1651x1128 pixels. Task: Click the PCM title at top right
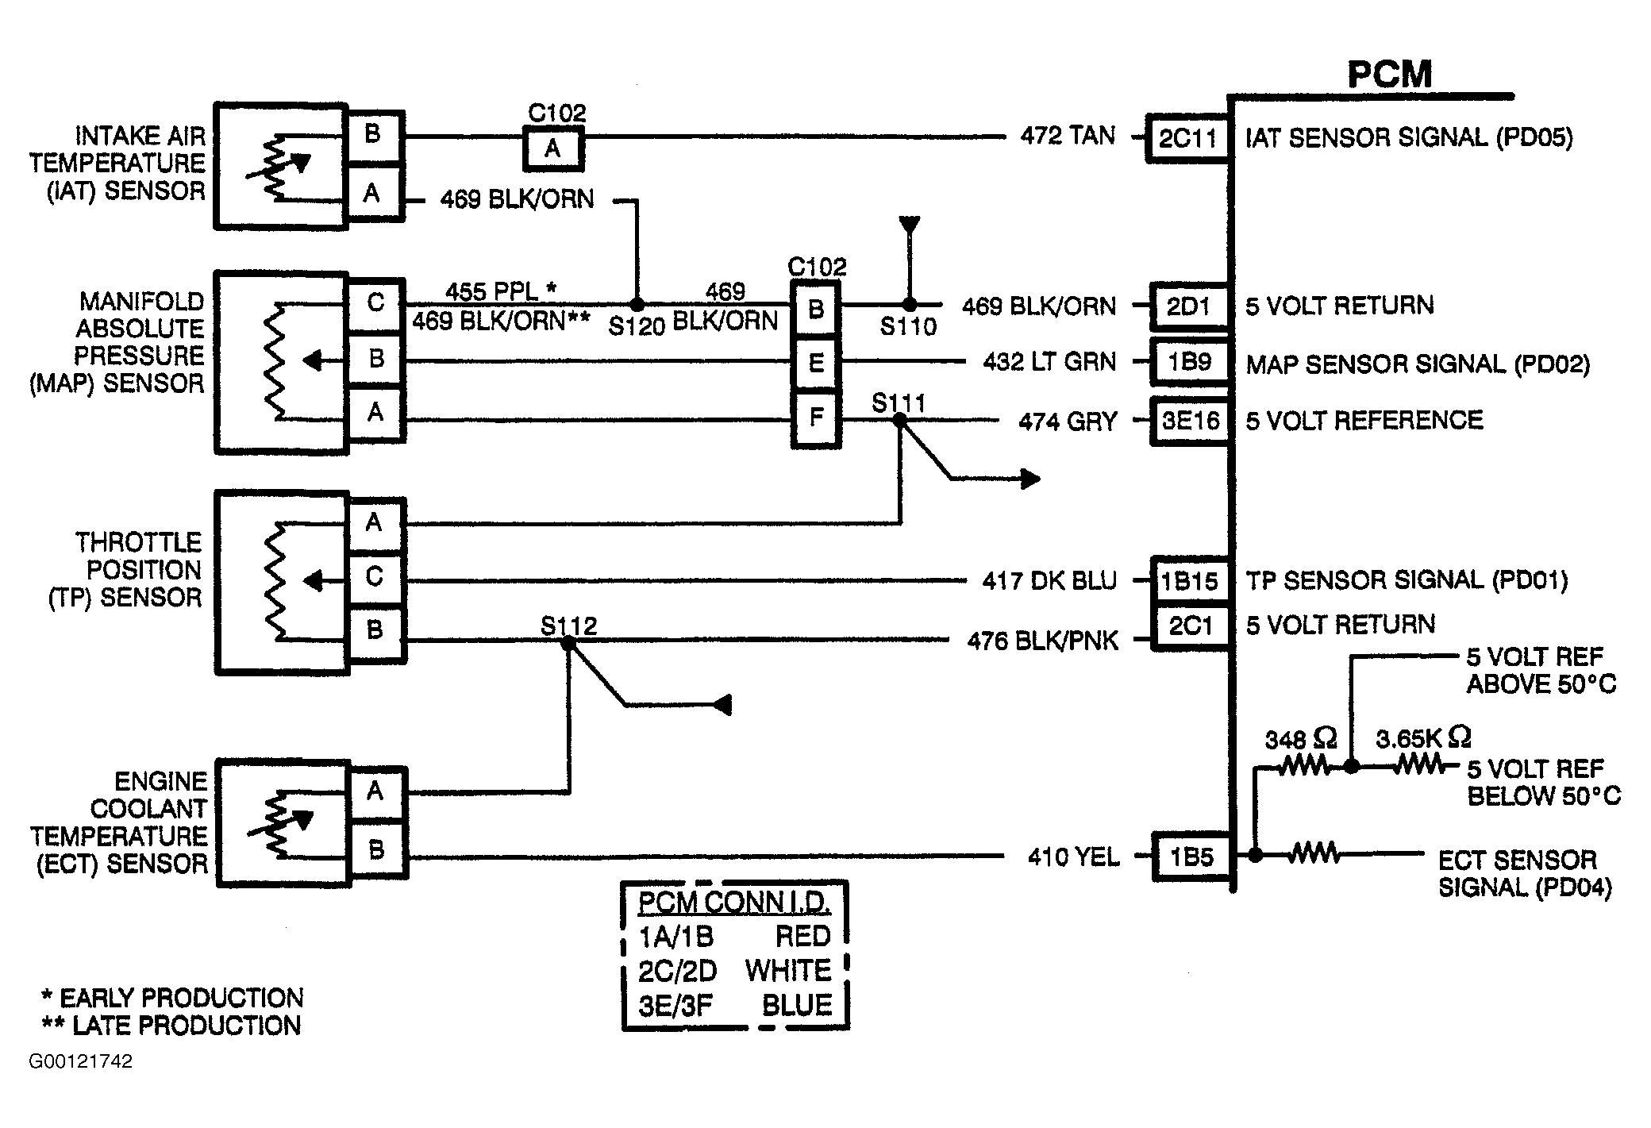click(x=1390, y=74)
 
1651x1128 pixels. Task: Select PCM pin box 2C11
click(x=1187, y=139)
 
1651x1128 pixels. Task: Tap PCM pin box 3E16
click(x=1190, y=421)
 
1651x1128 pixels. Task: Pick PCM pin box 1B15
click(x=1190, y=581)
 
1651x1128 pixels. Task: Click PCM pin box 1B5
click(x=1192, y=857)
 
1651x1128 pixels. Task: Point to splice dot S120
click(x=637, y=304)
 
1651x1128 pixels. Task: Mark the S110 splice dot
click(x=910, y=304)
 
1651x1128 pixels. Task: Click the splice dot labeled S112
click(x=568, y=643)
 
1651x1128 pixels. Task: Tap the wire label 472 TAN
click(x=1068, y=137)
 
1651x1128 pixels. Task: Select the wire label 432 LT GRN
click(x=1049, y=363)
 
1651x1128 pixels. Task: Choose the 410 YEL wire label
click(x=1074, y=857)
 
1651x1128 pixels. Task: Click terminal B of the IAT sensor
click(x=374, y=136)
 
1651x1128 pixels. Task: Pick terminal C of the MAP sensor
click(x=376, y=304)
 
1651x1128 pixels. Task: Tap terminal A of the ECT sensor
click(x=377, y=793)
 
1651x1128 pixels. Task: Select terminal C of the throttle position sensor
click(x=375, y=577)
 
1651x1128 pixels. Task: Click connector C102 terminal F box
click(x=816, y=418)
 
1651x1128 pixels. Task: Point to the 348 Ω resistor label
click(x=1300, y=740)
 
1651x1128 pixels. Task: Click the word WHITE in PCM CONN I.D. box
click(x=788, y=971)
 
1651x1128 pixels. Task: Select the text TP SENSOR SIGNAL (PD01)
click(x=1407, y=581)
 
